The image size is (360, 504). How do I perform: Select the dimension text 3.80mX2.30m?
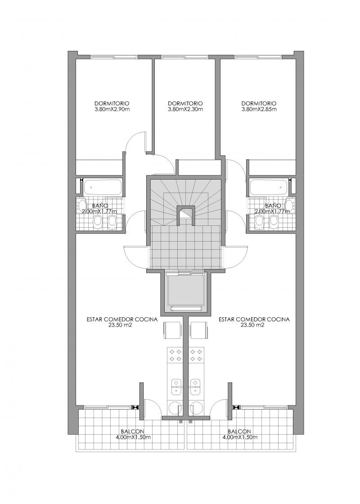[185, 109]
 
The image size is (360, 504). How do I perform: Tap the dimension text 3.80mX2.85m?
[259, 109]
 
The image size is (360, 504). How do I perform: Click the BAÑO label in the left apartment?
[100, 206]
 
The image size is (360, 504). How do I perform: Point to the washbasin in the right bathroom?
[290, 205]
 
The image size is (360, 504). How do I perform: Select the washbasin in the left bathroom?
[82, 205]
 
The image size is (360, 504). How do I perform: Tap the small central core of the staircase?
[185, 215]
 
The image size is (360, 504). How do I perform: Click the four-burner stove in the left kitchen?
[175, 355]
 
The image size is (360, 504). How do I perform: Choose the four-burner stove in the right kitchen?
[196, 355]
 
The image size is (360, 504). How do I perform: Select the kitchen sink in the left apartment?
[176, 387]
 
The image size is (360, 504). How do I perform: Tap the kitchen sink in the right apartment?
[195, 387]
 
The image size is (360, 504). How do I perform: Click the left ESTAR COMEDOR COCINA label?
[122, 319]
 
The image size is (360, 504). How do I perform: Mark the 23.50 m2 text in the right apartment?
[252, 325]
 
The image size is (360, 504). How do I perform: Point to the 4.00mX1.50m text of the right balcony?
[239, 437]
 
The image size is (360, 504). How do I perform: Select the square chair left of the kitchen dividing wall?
[173, 330]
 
